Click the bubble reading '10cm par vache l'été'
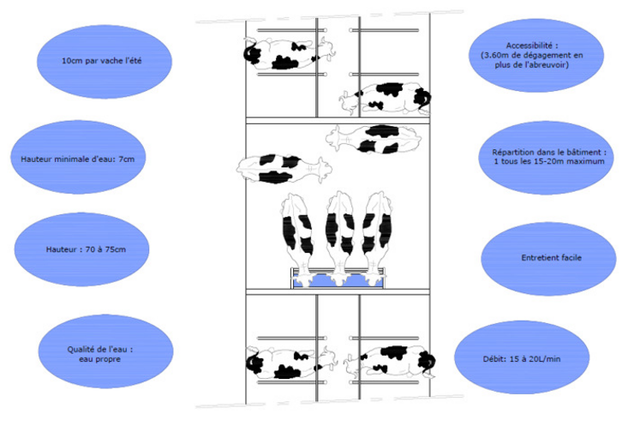coord(104,62)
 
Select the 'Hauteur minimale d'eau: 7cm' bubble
coord(78,157)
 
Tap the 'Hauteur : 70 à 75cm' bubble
coord(81,249)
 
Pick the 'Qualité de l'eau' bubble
coord(105,351)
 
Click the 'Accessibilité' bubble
coord(536,55)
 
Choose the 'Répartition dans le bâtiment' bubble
coord(546,158)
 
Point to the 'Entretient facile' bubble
coord(548,259)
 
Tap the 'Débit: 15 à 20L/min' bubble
coord(522,357)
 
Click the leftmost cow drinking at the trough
coord(298,239)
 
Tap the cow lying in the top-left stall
coord(289,53)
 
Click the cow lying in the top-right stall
coord(385,98)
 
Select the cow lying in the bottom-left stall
coord(291,362)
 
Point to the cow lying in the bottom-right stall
coord(390,362)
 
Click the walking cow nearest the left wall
coord(284,168)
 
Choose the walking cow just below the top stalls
coord(374,139)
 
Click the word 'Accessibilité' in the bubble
coord(532,45)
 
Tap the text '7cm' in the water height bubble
coord(127,159)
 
